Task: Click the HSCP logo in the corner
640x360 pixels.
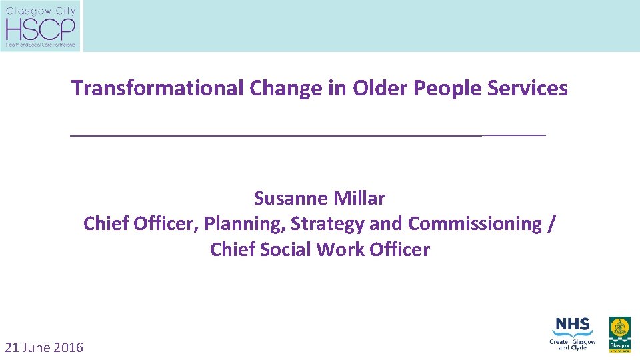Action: coord(41,27)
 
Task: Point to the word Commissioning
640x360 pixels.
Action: coord(475,224)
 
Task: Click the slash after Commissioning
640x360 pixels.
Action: coord(549,224)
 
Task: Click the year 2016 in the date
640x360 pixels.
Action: coord(69,347)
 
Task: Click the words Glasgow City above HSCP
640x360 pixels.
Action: coord(41,11)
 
